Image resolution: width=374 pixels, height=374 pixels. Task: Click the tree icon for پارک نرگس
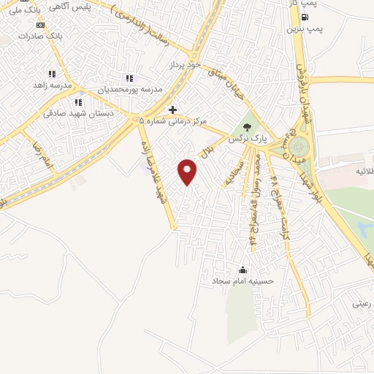point(255,125)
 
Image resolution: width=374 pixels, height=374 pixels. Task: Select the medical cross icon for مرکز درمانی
point(172,110)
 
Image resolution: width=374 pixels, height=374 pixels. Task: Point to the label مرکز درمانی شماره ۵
point(174,121)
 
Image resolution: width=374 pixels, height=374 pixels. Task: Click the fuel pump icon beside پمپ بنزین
point(304,18)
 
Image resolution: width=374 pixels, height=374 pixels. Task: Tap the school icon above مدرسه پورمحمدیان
point(129,78)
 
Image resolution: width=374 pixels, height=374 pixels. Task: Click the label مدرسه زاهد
point(51,85)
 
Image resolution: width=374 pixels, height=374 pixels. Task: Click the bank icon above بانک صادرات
point(40,24)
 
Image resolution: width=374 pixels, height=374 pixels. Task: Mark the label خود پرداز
point(184,65)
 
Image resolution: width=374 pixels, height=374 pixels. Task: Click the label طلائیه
point(350,169)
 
